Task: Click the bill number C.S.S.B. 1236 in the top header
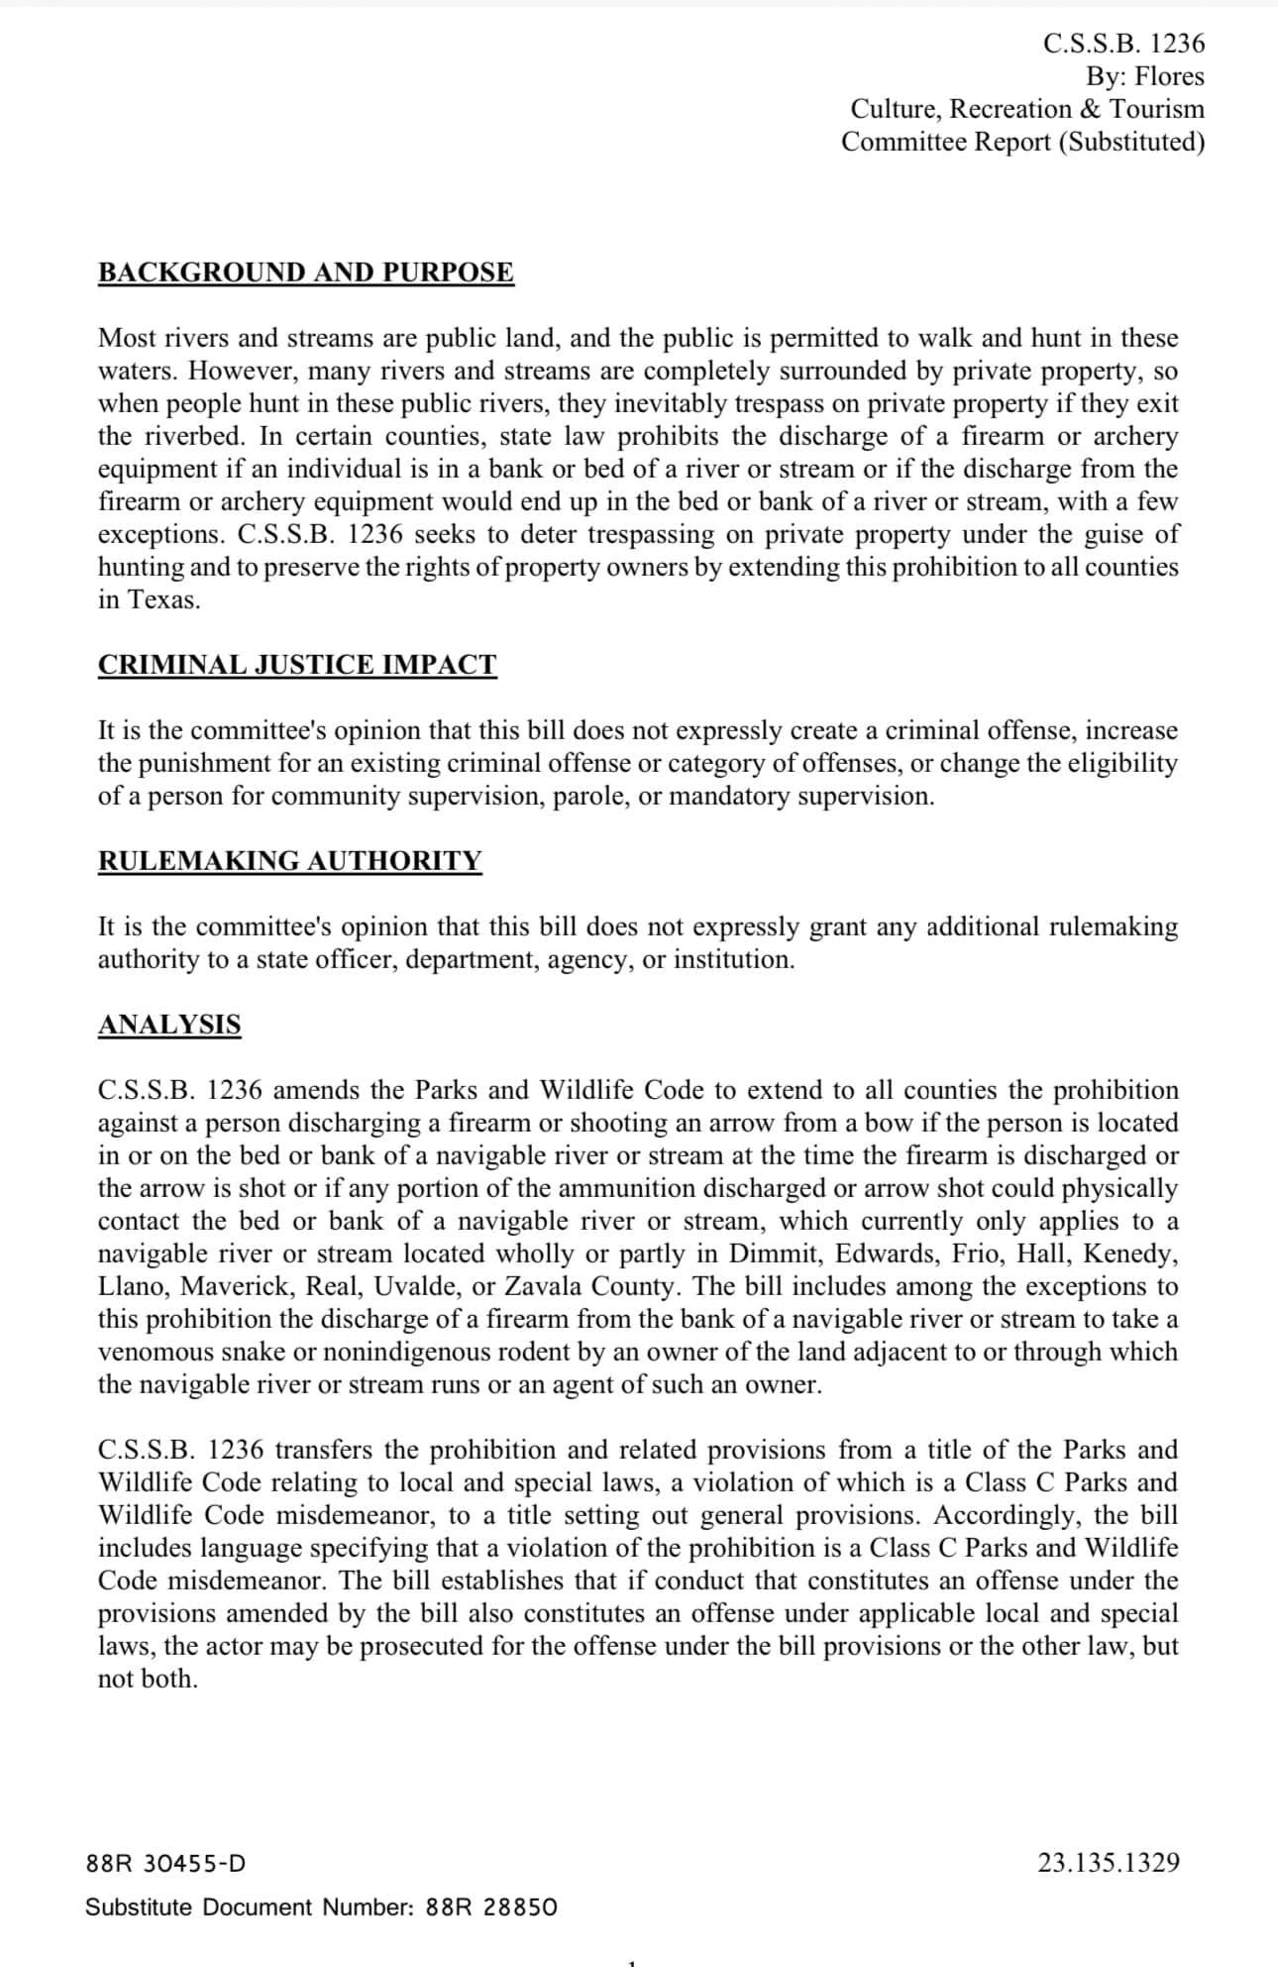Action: click(x=1123, y=44)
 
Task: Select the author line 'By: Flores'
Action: click(x=1144, y=76)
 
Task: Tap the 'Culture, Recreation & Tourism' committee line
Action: click(x=1027, y=109)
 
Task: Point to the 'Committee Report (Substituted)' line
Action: click(x=1022, y=142)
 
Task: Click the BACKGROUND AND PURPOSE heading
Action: click(x=306, y=273)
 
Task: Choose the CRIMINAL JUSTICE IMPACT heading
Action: click(x=297, y=665)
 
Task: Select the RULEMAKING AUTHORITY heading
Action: click(x=290, y=861)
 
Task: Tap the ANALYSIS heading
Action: click(x=169, y=1025)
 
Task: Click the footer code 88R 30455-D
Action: click(x=166, y=1864)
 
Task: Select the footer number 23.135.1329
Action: click(x=1109, y=1864)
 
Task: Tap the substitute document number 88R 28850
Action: click(x=490, y=1908)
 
